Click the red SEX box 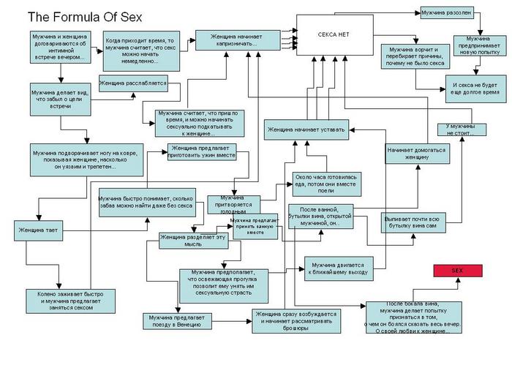[456, 270]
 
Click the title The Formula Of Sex [85, 16]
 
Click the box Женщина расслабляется [134, 83]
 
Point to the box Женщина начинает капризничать [238, 39]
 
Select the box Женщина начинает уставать [306, 130]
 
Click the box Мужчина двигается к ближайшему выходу [339, 268]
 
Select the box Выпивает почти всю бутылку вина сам [414, 222]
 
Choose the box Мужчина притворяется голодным [232, 202]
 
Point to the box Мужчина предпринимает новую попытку [478, 45]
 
